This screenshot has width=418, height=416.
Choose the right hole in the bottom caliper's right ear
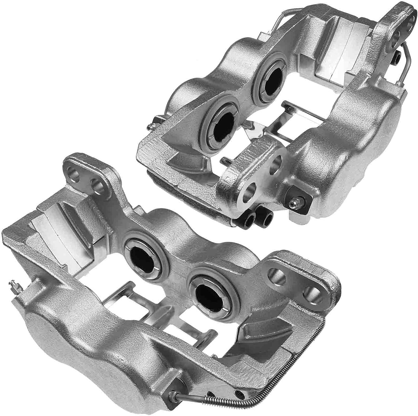coord(310,291)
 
